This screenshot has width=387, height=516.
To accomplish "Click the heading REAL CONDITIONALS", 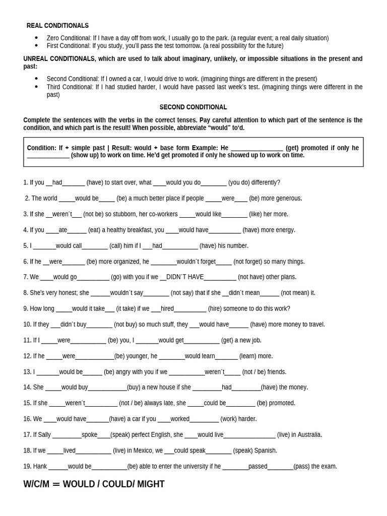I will pyautogui.click(x=57, y=26).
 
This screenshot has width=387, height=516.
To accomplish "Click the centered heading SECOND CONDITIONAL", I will pyautogui.click(x=193, y=107).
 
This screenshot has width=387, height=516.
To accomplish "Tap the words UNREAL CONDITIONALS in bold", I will pyautogui.click(x=59, y=59).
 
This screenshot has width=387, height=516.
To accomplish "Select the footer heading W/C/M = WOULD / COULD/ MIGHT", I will pyautogui.click(x=94, y=484).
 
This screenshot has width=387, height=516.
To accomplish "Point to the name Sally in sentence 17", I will pyautogui.click(x=44, y=435).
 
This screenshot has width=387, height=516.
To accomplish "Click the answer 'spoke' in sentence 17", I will pyautogui.click(x=89, y=435).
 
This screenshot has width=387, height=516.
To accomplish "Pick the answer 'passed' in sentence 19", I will pyautogui.click(x=257, y=467).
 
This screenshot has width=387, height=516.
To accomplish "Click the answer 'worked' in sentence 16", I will pyautogui.click(x=180, y=419).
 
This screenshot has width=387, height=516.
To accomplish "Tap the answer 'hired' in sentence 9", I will pyautogui.click(x=167, y=309).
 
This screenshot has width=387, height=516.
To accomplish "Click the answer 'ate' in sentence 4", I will pyautogui.click(x=63, y=230).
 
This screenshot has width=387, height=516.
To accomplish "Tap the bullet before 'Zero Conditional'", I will pyautogui.click(x=36, y=38).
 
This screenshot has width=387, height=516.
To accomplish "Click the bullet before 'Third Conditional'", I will pyautogui.click(x=36, y=87).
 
